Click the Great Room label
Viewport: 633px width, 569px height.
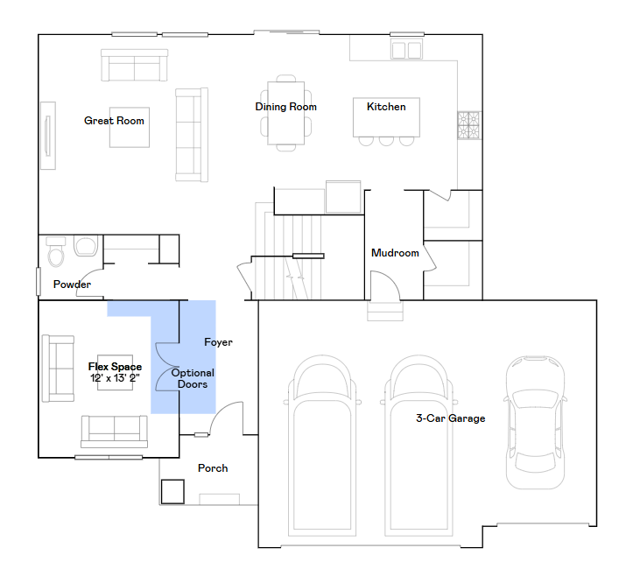(x=114, y=121)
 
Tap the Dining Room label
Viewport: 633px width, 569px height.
(x=285, y=107)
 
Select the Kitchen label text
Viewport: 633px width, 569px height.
(x=386, y=107)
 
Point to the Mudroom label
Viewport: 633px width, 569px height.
(x=395, y=253)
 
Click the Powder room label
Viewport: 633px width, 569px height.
(x=72, y=284)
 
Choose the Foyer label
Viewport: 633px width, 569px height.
(x=218, y=342)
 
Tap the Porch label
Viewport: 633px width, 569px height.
(x=213, y=468)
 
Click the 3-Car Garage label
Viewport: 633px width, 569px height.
(x=450, y=418)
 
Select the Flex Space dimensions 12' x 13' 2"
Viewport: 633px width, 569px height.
(x=115, y=378)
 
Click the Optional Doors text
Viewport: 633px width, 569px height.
(x=193, y=378)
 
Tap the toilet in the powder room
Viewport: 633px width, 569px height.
(x=56, y=253)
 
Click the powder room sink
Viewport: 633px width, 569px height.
(x=86, y=246)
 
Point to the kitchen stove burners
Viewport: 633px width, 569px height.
(x=468, y=126)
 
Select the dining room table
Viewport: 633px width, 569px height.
(x=285, y=114)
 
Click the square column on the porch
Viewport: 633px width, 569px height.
(x=172, y=491)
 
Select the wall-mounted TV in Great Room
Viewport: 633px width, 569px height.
(x=46, y=136)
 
